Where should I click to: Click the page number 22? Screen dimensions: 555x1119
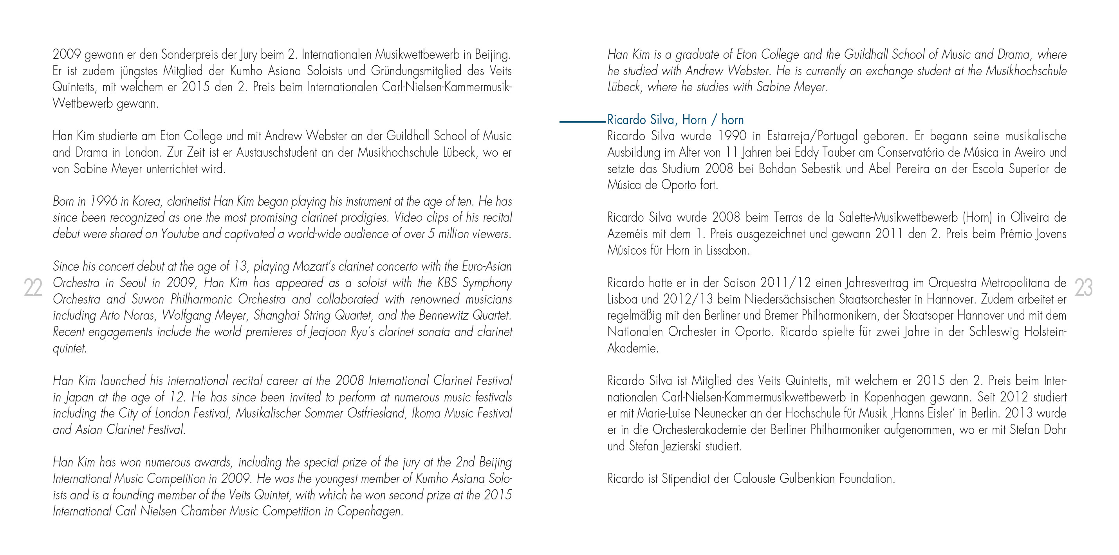click(33, 288)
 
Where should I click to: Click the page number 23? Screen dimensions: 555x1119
click(1083, 288)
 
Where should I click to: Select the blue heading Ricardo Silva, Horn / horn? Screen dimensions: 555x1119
click(675, 119)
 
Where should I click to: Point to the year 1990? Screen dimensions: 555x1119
click(732, 136)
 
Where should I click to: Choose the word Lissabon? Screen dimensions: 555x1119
click(727, 250)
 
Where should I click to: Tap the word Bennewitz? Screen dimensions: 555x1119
click(446, 316)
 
